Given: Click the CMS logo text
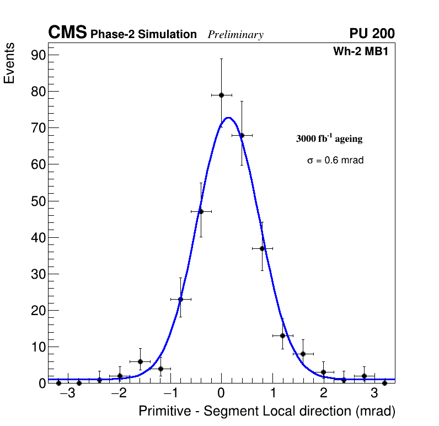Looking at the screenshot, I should pyautogui.click(x=67, y=33).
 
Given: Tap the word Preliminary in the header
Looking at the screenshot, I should pyautogui.click(x=235, y=35).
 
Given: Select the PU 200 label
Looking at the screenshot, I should pyautogui.click(x=372, y=34).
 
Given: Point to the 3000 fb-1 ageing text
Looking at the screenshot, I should pyautogui.click(x=329, y=139).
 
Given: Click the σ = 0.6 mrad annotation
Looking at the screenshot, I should pyautogui.click(x=335, y=161).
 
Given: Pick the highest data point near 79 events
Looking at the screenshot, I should pyautogui.click(x=221, y=95).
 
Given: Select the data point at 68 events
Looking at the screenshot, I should pyautogui.click(x=242, y=135).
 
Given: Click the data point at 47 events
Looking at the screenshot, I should pyautogui.click(x=201, y=211).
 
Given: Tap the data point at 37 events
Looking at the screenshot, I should pyautogui.click(x=262, y=248).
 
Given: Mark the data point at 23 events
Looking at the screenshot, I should pyautogui.click(x=180, y=299).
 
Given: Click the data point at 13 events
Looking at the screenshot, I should pyautogui.click(x=282, y=336).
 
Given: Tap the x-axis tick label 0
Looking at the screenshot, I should pyautogui.click(x=221, y=393).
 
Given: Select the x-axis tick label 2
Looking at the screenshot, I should pyautogui.click(x=323, y=393).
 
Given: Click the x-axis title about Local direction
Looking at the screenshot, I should pyautogui.click(x=267, y=412).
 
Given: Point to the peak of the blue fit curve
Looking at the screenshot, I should pyautogui.click(x=228, y=118).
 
